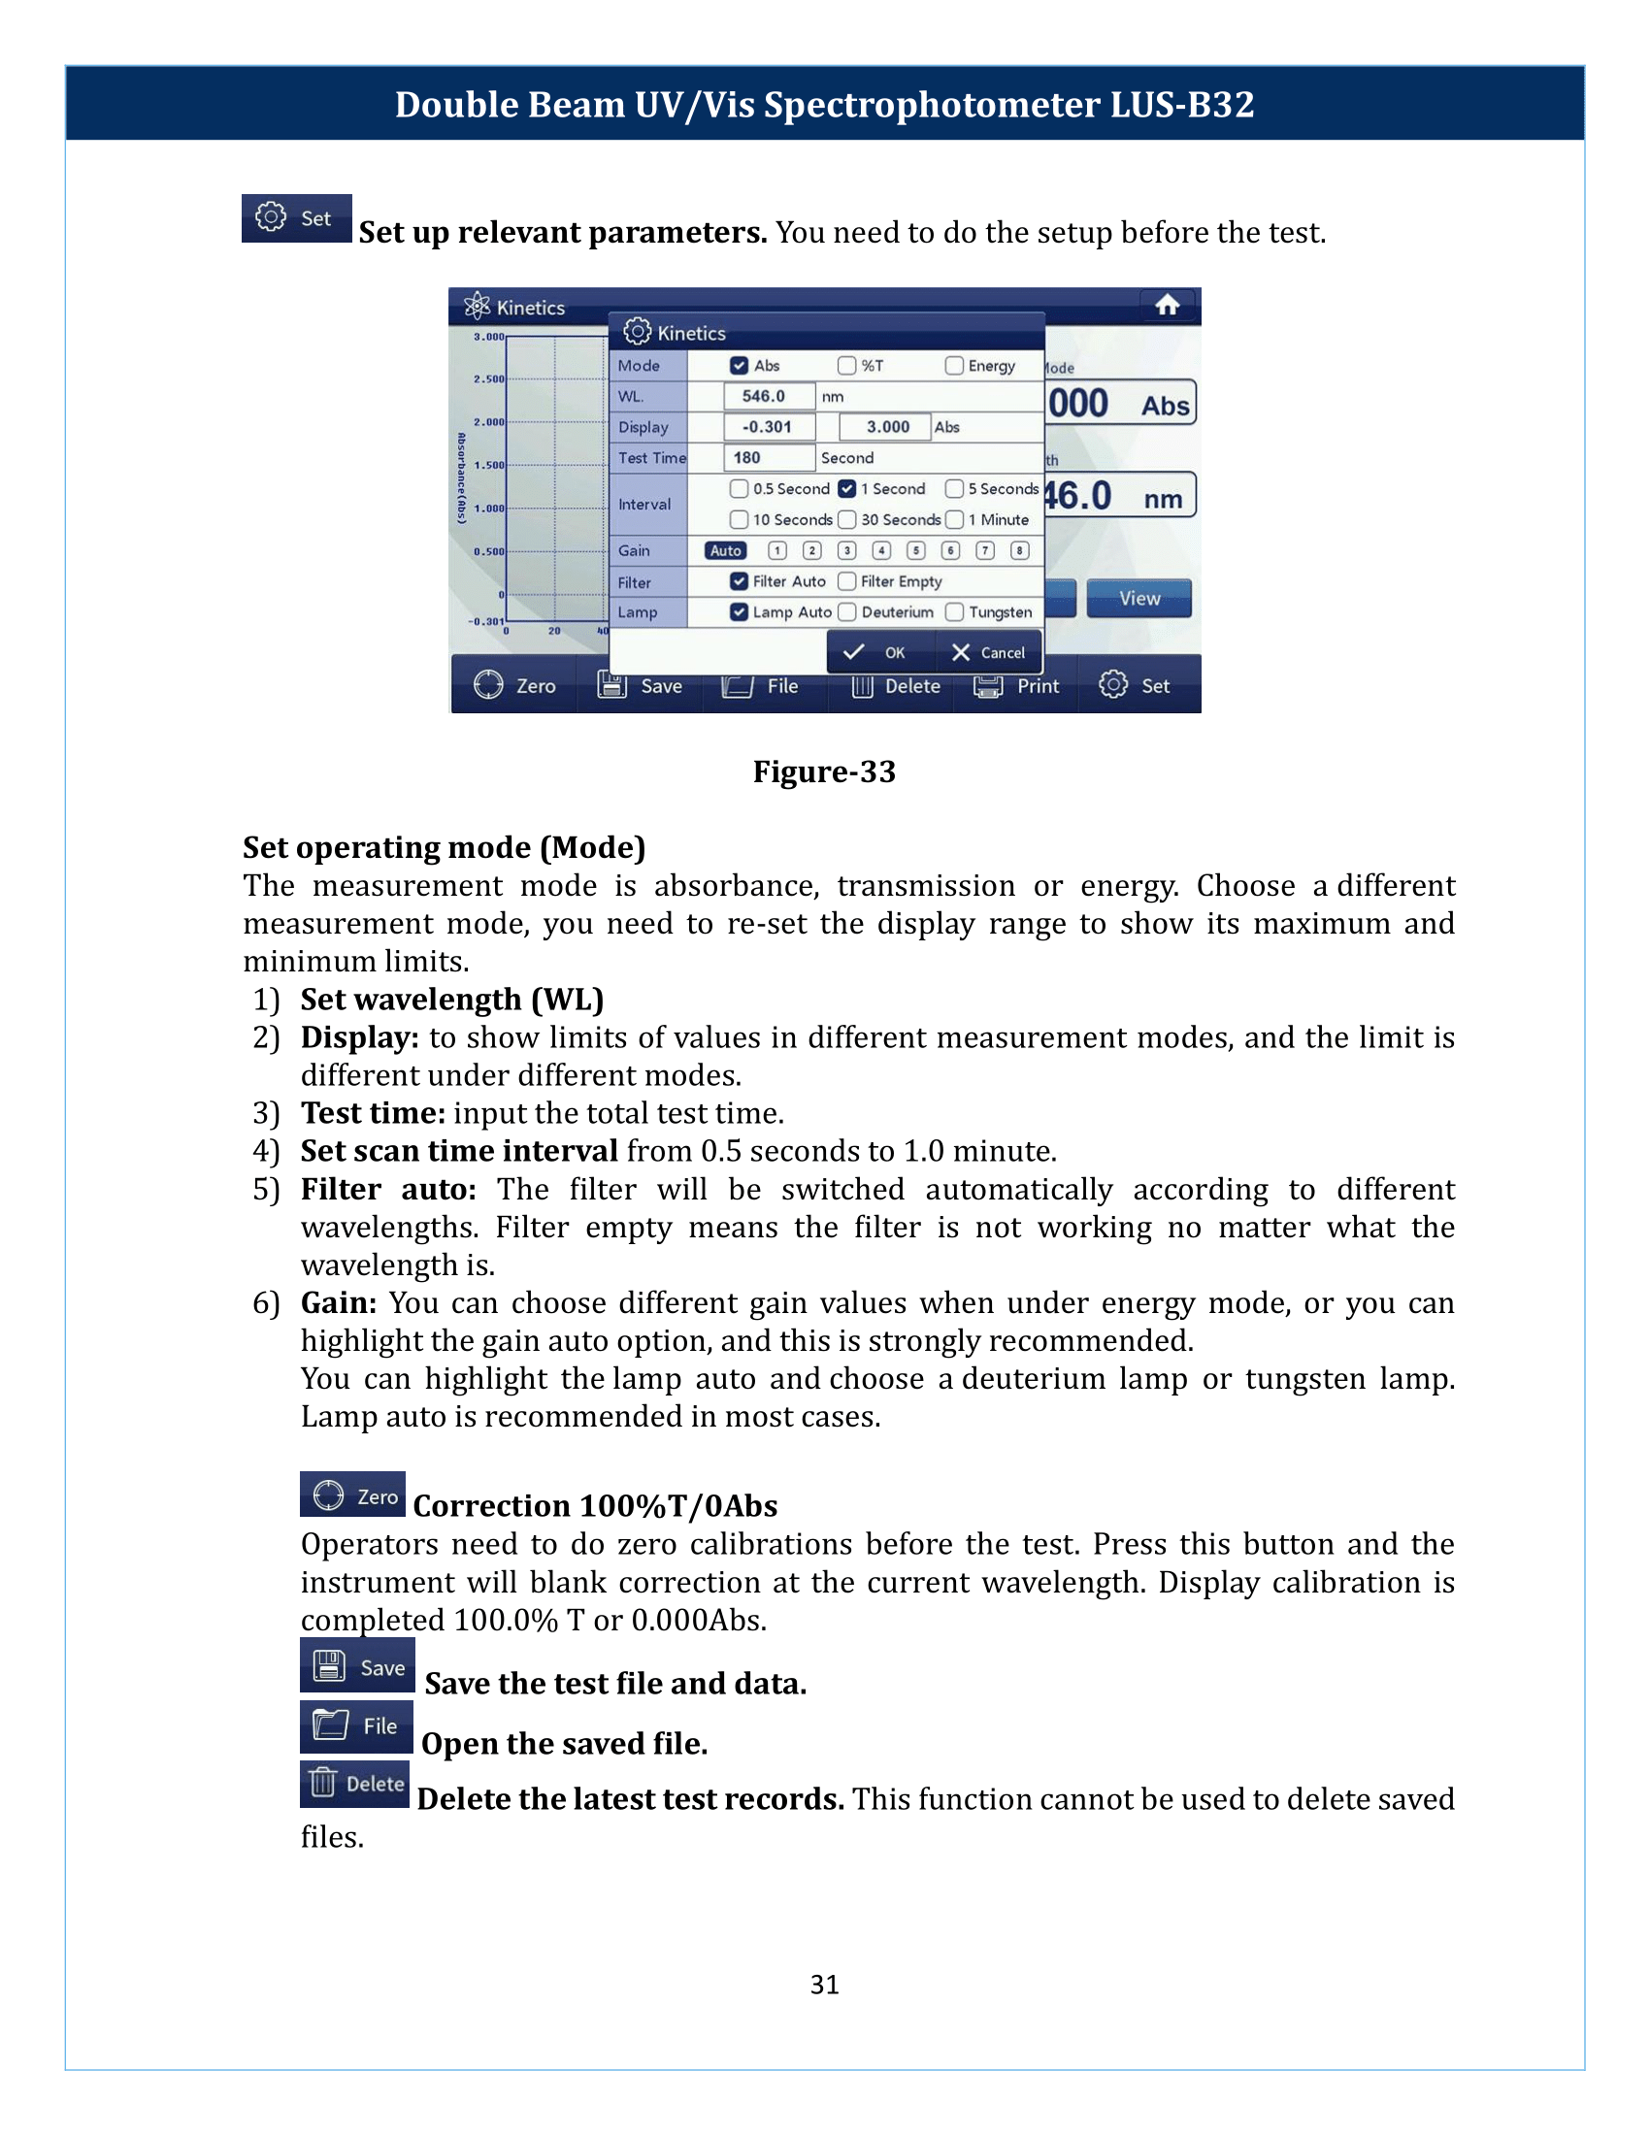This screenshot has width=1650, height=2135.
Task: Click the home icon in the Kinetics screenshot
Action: pyautogui.click(x=1167, y=306)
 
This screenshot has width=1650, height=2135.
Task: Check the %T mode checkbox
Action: pyautogui.click(x=846, y=366)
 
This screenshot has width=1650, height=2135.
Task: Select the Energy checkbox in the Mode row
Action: pyautogui.click(x=954, y=366)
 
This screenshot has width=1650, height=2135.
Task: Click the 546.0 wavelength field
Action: pyautogui.click(x=769, y=396)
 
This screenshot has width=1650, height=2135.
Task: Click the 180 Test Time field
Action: pyautogui.click(x=769, y=457)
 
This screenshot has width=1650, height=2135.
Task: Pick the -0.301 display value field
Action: pyautogui.click(x=769, y=427)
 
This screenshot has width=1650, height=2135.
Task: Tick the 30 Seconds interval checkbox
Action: pyautogui.click(x=847, y=519)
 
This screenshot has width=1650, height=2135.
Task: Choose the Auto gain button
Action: pyautogui.click(x=725, y=550)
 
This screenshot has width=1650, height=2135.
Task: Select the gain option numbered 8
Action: pyautogui.click(x=1019, y=550)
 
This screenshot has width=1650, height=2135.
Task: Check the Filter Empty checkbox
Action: pyautogui.click(x=847, y=581)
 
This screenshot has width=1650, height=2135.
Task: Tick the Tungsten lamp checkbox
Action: pyautogui.click(x=955, y=612)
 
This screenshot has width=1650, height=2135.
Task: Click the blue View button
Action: pyautogui.click(x=1139, y=598)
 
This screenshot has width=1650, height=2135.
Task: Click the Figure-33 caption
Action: pyautogui.click(x=824, y=772)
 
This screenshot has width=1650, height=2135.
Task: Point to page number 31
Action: pyautogui.click(x=824, y=1984)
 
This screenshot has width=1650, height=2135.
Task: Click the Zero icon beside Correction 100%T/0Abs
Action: pyautogui.click(x=352, y=1494)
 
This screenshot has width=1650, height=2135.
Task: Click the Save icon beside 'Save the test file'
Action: pyautogui.click(x=357, y=1665)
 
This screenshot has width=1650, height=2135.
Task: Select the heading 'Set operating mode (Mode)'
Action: pyautogui.click(x=444, y=847)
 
